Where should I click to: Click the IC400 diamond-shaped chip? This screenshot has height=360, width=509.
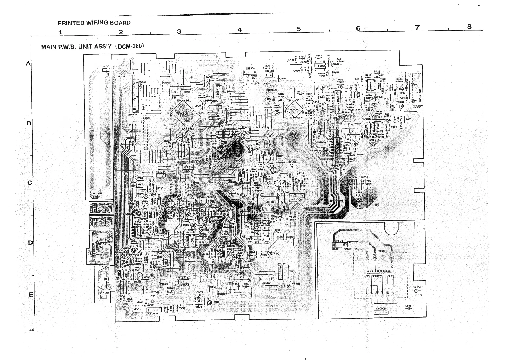pyautogui.click(x=294, y=110)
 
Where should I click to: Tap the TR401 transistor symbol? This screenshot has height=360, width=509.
pyautogui.click(x=401, y=89)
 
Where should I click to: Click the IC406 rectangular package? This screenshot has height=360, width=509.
pyautogui.click(x=320, y=66)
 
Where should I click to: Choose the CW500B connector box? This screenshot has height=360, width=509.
pyautogui.click(x=381, y=312)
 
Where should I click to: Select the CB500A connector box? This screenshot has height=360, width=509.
pyautogui.click(x=153, y=310)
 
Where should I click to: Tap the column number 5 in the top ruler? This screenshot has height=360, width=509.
pyautogui.click(x=299, y=29)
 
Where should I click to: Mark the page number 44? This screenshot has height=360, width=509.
pyautogui.click(x=32, y=330)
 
